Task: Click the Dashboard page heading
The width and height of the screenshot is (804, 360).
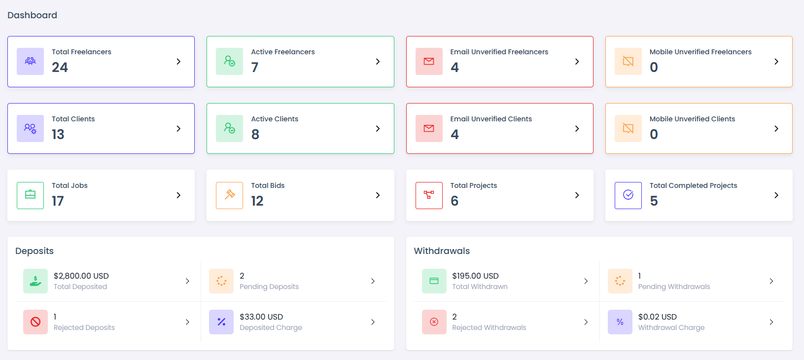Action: coord(32,15)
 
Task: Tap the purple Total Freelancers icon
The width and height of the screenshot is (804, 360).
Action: coord(30,61)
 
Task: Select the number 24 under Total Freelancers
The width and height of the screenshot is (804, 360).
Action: coord(60,68)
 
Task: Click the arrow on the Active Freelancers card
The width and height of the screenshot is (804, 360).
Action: coord(378,62)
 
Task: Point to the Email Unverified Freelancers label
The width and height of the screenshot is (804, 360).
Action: coord(499,52)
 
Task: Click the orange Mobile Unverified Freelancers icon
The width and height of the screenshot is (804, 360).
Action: coord(628,61)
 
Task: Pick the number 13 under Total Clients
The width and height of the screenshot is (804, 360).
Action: coord(58,135)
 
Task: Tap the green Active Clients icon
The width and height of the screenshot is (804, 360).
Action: coord(229,128)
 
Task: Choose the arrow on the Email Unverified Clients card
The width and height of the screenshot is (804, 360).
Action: coord(577,129)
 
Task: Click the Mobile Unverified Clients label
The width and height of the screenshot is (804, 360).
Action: coord(692,119)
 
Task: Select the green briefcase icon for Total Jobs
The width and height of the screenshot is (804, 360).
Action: coord(30,195)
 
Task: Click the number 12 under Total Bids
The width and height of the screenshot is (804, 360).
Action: coord(257,201)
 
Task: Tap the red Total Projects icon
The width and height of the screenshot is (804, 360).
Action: coord(429,195)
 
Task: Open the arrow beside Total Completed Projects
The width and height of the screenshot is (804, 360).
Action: coord(776,195)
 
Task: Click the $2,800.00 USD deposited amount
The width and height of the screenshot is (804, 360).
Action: coord(81,276)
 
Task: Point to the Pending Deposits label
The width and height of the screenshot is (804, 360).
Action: coord(269,287)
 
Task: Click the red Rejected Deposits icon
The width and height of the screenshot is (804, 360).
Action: coord(35,322)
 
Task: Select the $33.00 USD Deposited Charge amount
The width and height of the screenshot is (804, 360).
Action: coord(261,317)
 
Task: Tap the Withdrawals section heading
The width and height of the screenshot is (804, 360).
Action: coord(442,251)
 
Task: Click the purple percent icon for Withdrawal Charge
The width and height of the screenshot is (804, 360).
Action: coord(620,322)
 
